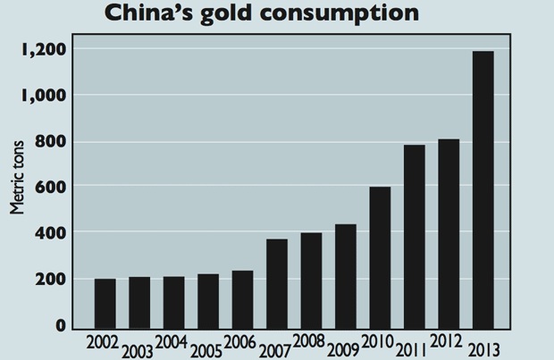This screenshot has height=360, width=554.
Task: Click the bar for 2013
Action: [483, 189]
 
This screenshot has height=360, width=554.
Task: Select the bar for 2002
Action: [105, 303]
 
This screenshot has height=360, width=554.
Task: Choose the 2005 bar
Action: [208, 300]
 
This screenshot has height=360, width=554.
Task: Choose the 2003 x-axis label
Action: [139, 349]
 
